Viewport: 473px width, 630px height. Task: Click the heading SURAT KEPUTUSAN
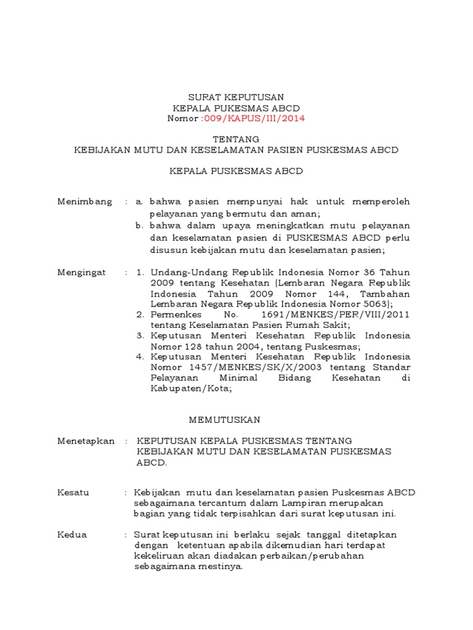(236, 97)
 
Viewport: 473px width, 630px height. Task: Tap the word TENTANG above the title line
(236, 139)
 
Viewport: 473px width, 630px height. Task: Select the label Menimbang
(85, 201)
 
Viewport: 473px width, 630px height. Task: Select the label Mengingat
(82, 272)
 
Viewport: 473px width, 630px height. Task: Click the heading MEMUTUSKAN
(224, 420)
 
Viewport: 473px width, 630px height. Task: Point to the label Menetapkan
(86, 441)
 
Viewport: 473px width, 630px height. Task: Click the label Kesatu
(73, 493)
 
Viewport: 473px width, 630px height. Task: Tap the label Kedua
(72, 535)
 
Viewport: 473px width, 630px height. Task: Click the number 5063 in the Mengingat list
(367, 303)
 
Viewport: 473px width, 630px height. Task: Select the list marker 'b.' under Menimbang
(140, 226)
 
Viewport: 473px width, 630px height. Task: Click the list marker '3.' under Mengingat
(140, 335)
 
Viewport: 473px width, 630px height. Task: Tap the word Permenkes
(175, 314)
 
